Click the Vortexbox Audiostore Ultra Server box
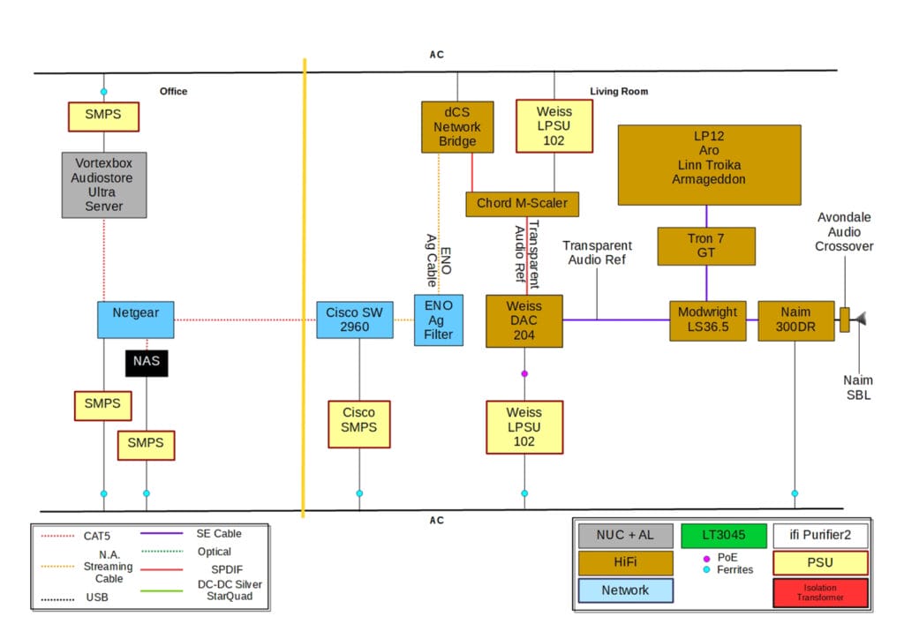(103, 185)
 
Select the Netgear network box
(135, 319)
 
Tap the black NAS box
(146, 362)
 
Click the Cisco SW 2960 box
(354, 319)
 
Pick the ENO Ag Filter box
(439, 319)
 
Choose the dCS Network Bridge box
(456, 126)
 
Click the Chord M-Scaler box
(523, 204)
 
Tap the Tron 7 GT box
(705, 246)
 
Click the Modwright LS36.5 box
(707, 319)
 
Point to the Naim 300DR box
(795, 319)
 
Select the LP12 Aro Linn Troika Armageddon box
(709, 164)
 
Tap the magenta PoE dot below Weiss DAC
(524, 374)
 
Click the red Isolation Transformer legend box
(820, 590)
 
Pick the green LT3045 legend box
(724, 535)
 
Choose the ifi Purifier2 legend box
(820, 535)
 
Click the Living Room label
(619, 92)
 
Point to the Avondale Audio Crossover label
(845, 232)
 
